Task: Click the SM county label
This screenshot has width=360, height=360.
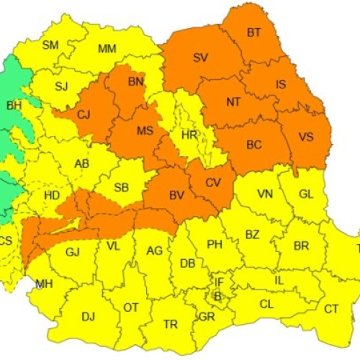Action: click(50, 45)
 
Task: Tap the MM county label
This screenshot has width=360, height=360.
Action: click(107, 49)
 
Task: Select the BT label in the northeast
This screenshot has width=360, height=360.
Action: click(254, 32)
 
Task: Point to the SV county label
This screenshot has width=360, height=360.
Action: click(201, 57)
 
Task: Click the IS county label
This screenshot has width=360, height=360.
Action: click(281, 85)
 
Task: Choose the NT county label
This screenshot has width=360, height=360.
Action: click(233, 102)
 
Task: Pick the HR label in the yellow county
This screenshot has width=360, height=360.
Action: click(189, 135)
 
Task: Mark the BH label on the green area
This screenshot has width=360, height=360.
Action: click(14, 106)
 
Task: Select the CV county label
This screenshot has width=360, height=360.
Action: click(213, 182)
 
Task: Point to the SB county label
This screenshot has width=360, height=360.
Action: click(122, 188)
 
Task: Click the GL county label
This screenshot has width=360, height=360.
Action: click(305, 194)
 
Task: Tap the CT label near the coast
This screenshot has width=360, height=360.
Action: click(331, 309)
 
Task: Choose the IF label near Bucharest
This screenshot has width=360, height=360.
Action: click(220, 282)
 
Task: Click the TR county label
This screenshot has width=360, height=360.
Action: click(171, 325)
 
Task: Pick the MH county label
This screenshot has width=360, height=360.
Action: click(45, 283)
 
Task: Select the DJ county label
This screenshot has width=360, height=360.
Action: click(88, 316)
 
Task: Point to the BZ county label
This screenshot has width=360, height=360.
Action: click(252, 235)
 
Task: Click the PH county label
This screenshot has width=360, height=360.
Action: click(215, 244)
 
